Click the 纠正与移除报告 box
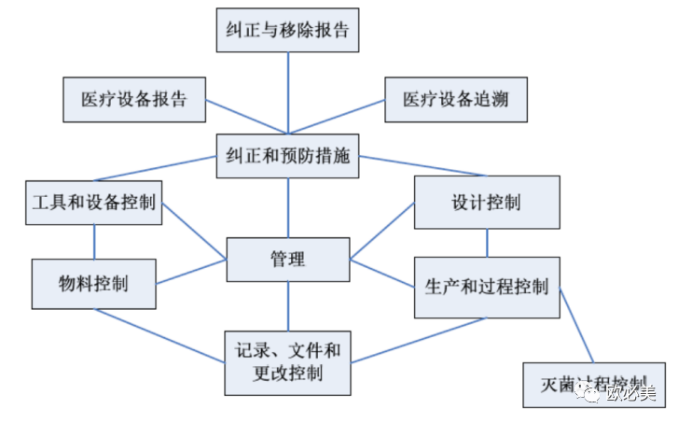pyautogui.click(x=287, y=29)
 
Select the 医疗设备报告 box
pyautogui.click(x=133, y=99)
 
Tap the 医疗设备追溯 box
pyautogui.click(x=455, y=99)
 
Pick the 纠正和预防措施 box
pyautogui.click(x=287, y=156)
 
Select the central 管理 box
pyautogui.click(x=287, y=259)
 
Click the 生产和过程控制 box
pyautogui.click(x=487, y=286)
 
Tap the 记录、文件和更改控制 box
pyautogui.click(x=287, y=362)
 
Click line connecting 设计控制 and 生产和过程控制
pyautogui.click(x=487, y=243)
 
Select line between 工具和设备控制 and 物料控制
pyautogui.click(x=93, y=241)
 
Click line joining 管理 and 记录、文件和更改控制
pyautogui.click(x=287, y=305)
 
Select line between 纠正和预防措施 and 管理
pyautogui.click(x=287, y=207)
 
